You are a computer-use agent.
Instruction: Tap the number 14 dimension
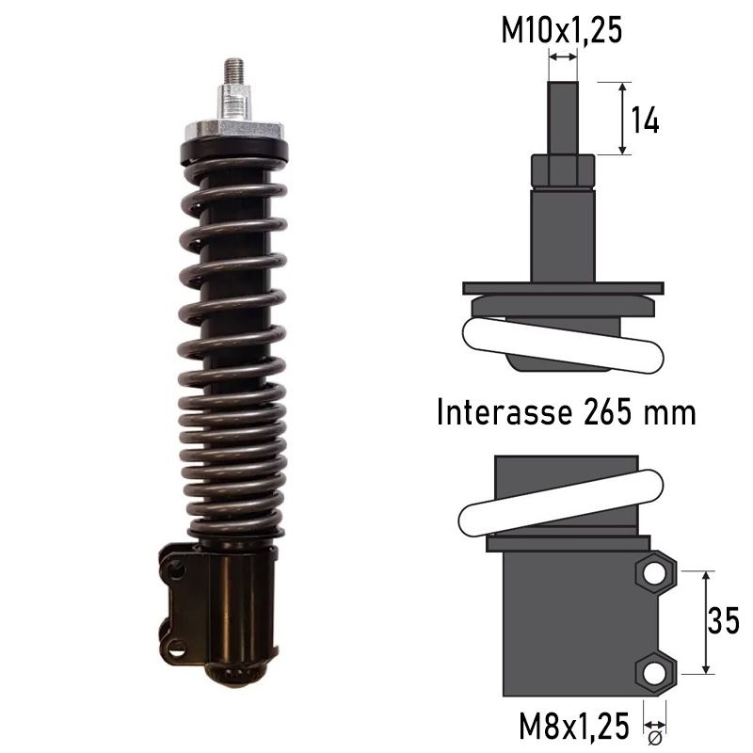pyautogui.click(x=644, y=120)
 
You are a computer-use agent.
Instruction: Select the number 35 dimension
pyautogui.click(x=723, y=621)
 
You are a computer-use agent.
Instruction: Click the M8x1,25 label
pyautogui.click(x=574, y=726)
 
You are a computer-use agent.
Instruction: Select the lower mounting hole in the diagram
pyautogui.click(x=654, y=672)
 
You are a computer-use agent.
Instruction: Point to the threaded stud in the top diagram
pyautogui.click(x=563, y=118)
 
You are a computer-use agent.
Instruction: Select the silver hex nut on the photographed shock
pyautogui.click(x=235, y=102)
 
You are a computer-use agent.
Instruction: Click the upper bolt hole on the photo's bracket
pyautogui.click(x=174, y=567)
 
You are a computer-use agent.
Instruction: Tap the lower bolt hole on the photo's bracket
pyautogui.click(x=174, y=647)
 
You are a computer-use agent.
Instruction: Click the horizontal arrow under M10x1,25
pyautogui.click(x=563, y=58)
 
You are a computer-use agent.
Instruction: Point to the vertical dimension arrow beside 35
pyautogui.click(x=703, y=621)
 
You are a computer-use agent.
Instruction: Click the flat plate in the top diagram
pyautogui.click(x=563, y=288)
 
